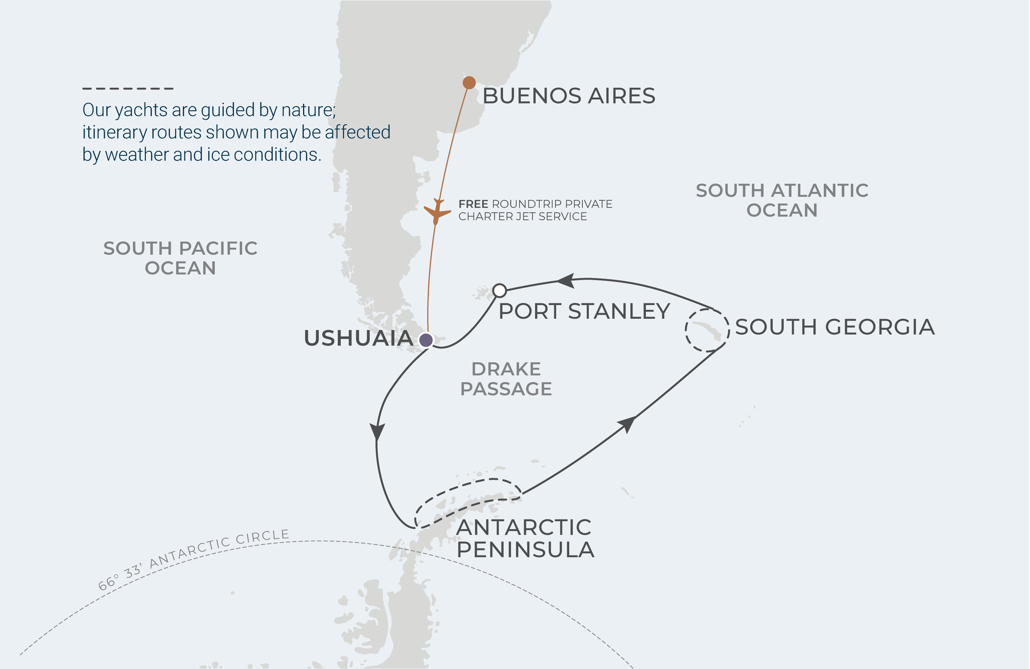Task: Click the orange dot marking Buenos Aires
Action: coord(469,82)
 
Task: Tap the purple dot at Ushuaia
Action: coord(426,340)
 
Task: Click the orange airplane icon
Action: coord(437,212)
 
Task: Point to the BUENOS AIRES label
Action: coord(569,96)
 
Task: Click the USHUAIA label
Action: coord(358,338)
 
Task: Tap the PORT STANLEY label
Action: coord(584,311)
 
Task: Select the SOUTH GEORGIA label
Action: coord(835,327)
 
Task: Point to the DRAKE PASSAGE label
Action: coord(506,379)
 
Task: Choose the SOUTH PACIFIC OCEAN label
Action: coord(180,258)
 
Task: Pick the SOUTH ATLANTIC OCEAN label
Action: coord(782,200)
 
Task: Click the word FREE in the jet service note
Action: coord(473,204)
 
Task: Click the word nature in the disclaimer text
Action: coord(308,110)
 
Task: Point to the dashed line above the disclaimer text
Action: coord(128,88)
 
